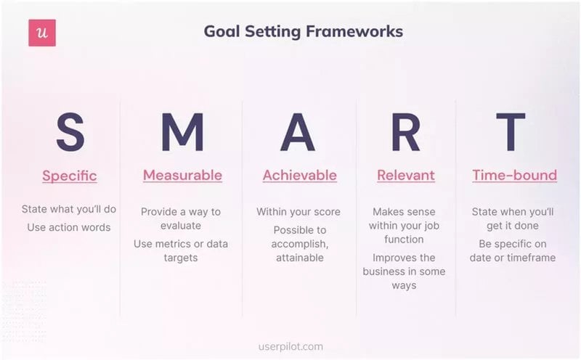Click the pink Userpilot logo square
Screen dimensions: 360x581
pos(42,33)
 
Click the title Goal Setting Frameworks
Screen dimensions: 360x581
pos(303,32)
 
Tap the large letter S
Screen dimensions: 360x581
pos(70,132)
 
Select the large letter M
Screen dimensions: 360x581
pos(182,132)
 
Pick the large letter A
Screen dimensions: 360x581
pos(299,132)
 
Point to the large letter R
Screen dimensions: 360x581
pos(405,132)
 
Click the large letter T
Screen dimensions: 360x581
pos(511,132)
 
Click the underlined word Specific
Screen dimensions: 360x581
pos(70,176)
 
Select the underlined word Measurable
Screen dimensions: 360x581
pos(182,176)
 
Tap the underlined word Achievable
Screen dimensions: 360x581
pos(299,176)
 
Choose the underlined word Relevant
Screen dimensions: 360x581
pos(405,176)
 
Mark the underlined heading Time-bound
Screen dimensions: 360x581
pos(514,176)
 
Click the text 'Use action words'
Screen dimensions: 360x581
pos(69,227)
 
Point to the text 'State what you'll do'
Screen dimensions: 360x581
pos(69,210)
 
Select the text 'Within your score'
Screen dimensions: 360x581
pos(298,212)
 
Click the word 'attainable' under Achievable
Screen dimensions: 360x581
pos(300,258)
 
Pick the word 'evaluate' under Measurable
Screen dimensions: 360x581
pos(181,226)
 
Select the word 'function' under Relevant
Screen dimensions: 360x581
pos(405,239)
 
